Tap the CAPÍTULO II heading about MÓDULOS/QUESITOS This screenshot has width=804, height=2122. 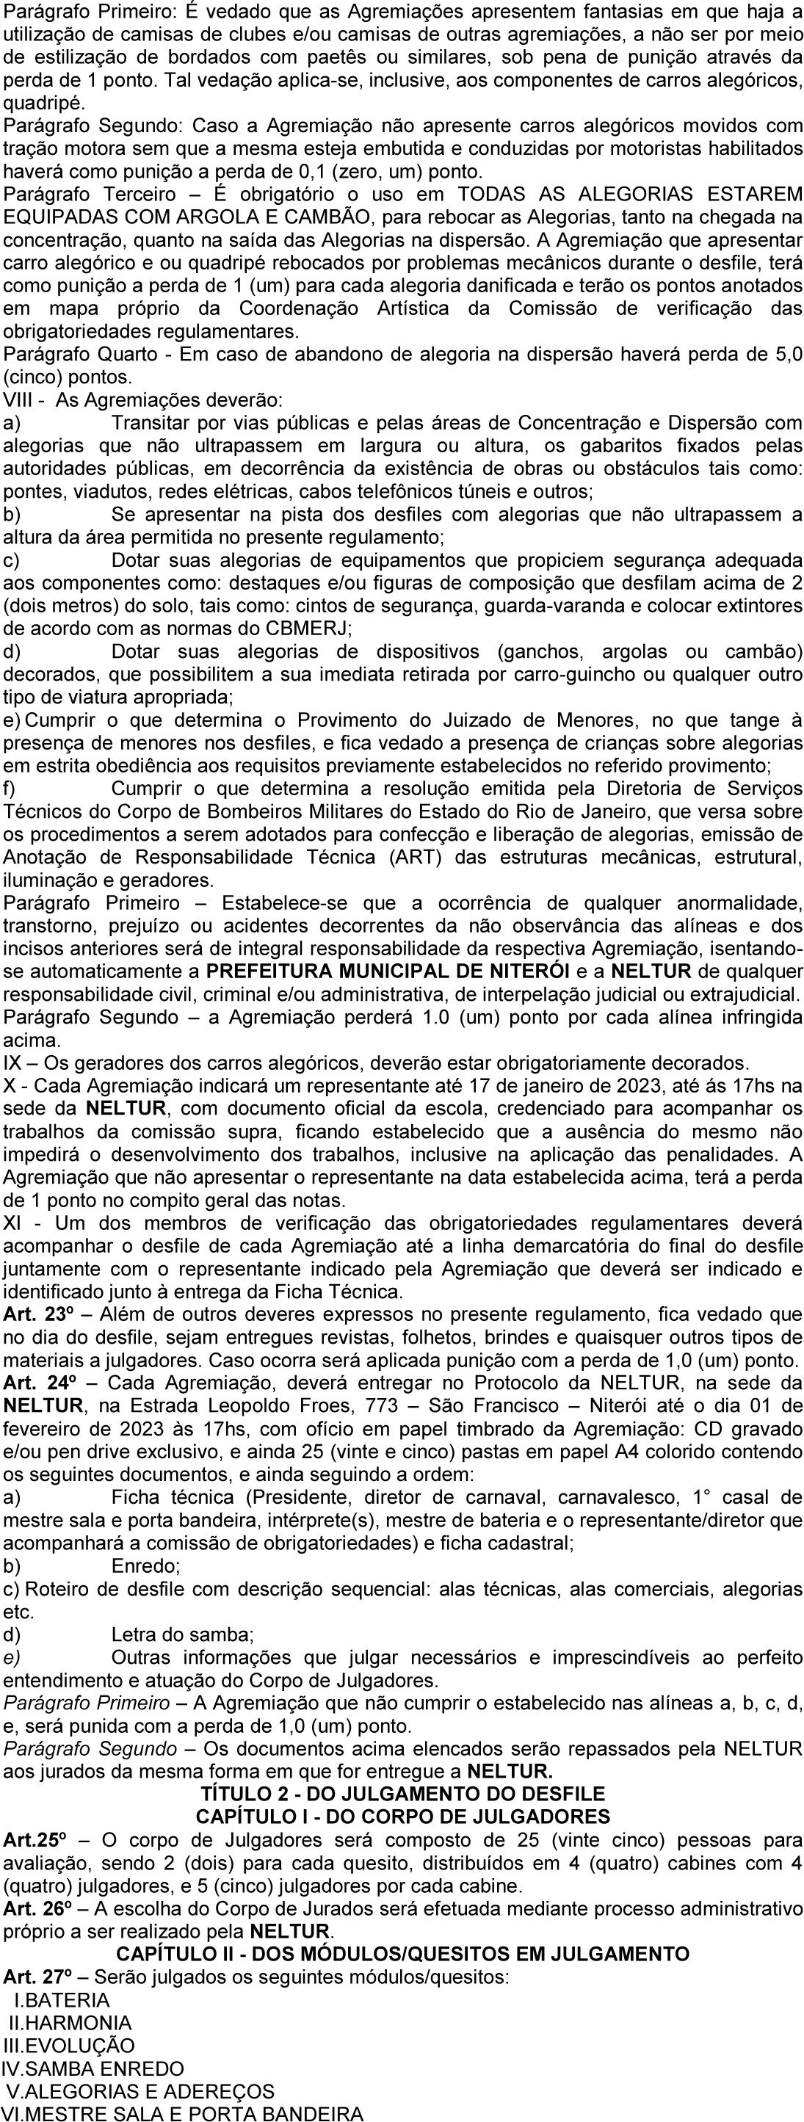click(x=403, y=1947)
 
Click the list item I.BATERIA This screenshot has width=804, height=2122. click(x=62, y=1993)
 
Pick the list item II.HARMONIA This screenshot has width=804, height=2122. click(x=70, y=2016)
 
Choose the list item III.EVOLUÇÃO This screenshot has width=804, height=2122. click(x=69, y=2039)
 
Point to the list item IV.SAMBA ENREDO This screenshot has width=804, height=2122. click(x=93, y=2062)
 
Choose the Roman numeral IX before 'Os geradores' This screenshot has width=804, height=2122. click(x=12, y=1062)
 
